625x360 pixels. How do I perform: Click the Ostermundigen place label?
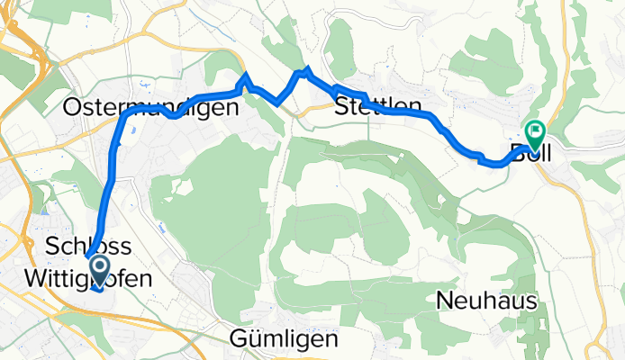point(151,108)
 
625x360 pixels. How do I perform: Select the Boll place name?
point(530,151)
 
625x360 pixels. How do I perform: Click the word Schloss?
point(87,247)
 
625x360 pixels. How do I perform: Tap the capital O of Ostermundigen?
point(72,108)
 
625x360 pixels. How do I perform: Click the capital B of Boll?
point(517,151)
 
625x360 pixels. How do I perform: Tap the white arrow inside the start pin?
point(98,265)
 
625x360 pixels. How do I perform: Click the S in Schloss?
point(51,247)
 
